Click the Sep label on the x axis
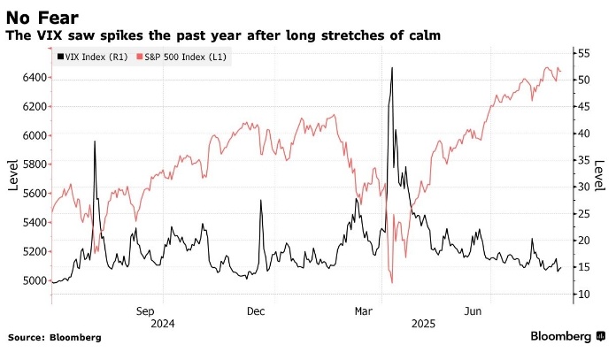pos(146,311)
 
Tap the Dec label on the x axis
pos(256,311)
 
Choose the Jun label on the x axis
pos(474,311)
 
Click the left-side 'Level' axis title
pos(13,173)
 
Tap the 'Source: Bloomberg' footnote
pos(55,338)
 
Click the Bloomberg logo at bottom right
pos(566,337)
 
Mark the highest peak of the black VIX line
pos(391,67)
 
